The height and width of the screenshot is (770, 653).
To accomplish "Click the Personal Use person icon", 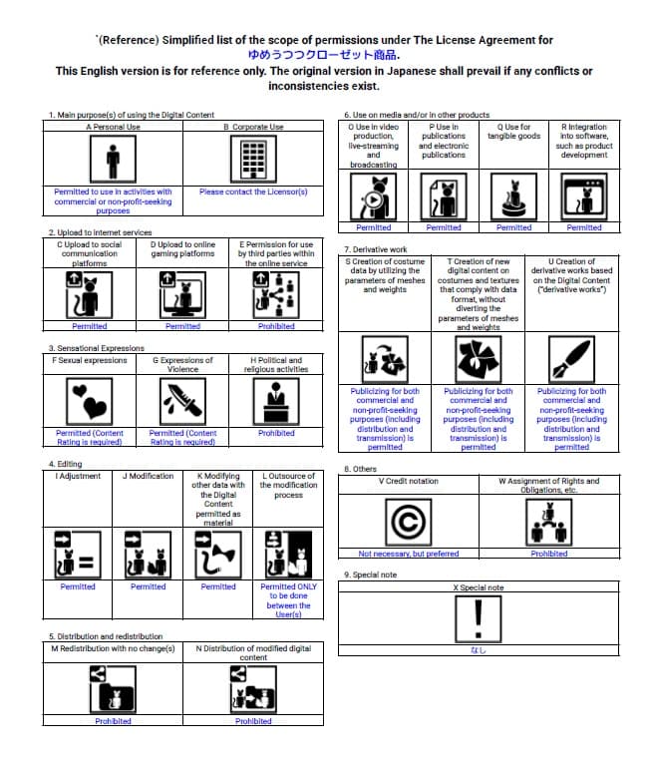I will click(113, 159).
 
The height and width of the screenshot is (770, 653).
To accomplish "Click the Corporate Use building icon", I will click(253, 159).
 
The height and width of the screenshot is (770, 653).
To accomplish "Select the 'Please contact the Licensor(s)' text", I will click(253, 192).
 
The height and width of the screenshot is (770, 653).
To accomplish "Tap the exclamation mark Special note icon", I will click(479, 618).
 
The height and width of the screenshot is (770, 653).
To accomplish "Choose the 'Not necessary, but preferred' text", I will click(409, 554).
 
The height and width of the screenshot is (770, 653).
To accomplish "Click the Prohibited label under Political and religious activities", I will click(276, 434).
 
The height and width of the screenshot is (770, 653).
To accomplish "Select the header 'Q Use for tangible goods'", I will click(513, 132).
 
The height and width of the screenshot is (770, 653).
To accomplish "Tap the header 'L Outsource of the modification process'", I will click(288, 486).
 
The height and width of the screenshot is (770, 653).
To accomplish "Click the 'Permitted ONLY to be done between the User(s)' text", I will click(288, 600).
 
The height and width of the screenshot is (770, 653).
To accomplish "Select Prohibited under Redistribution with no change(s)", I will click(113, 721).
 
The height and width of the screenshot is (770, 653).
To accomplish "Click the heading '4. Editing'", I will click(66, 465).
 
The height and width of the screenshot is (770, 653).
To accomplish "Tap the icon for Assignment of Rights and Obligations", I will click(548, 522).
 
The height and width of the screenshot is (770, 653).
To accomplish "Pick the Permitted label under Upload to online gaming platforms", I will click(182, 326).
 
